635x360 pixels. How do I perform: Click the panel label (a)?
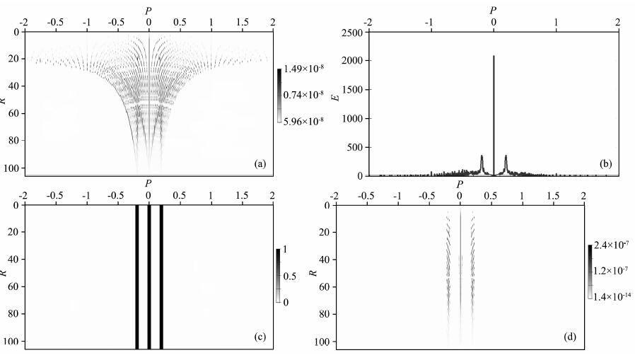(x=260, y=164)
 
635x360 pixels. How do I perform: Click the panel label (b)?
(x=605, y=164)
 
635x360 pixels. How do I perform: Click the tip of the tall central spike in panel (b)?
(x=494, y=56)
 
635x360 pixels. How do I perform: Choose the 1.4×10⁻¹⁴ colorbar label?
(x=614, y=296)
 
